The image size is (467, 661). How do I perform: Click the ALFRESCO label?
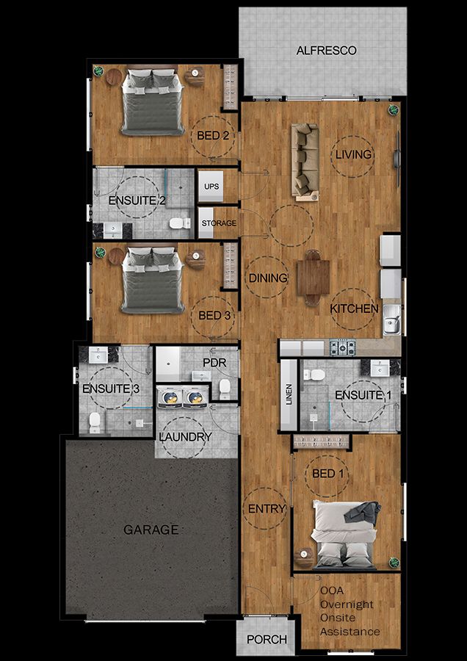[x=326, y=51]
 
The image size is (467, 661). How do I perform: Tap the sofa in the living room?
[x=305, y=162]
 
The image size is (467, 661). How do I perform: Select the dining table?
[x=313, y=278]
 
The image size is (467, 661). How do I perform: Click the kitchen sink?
[x=392, y=319]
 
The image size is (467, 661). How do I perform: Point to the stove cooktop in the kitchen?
[x=342, y=348]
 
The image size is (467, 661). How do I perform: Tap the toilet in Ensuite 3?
[x=95, y=422]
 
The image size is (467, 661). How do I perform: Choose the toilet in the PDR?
[x=225, y=389]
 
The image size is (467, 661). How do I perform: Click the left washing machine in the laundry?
[x=170, y=397]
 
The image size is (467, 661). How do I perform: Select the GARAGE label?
[x=151, y=530]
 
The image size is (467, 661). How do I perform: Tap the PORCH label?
[x=267, y=640]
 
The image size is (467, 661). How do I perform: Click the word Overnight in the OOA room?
[x=347, y=604]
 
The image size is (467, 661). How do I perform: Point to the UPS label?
[x=211, y=187]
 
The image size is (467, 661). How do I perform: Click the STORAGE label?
[x=219, y=223]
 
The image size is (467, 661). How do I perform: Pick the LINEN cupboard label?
[x=289, y=394]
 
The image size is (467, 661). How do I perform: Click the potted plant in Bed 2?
[x=98, y=71]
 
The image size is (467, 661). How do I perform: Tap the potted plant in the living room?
[x=394, y=109]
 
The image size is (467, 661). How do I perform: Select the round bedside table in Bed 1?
[x=304, y=557]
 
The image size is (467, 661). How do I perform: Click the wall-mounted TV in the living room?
[x=397, y=159]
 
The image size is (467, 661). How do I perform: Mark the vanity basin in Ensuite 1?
[x=380, y=368]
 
